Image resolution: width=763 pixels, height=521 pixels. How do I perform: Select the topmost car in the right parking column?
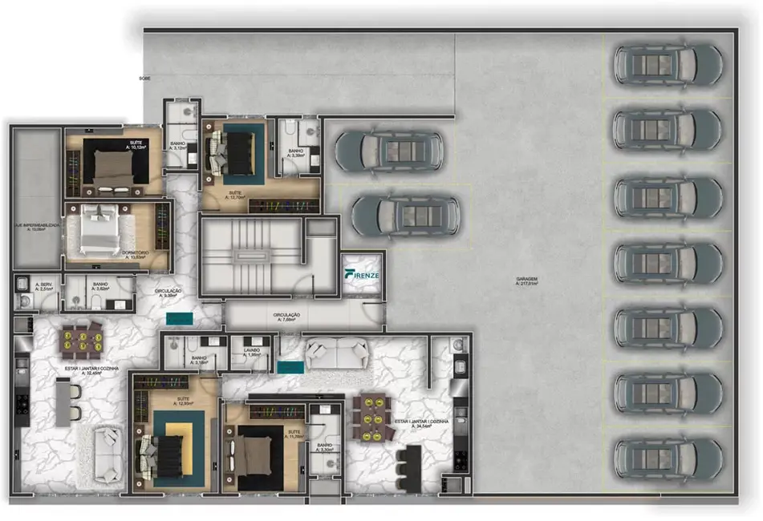click(668, 63)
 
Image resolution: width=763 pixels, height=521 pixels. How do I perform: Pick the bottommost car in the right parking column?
click(668, 458)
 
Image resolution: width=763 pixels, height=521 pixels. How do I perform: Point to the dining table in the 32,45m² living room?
click(80, 339)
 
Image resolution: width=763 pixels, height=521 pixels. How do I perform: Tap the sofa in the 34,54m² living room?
click(335, 353)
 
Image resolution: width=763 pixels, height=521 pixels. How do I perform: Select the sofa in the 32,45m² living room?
click(108, 454)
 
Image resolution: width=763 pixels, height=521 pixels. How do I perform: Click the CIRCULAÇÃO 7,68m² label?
click(286, 317)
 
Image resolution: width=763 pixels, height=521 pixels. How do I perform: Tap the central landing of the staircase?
click(250, 256)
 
